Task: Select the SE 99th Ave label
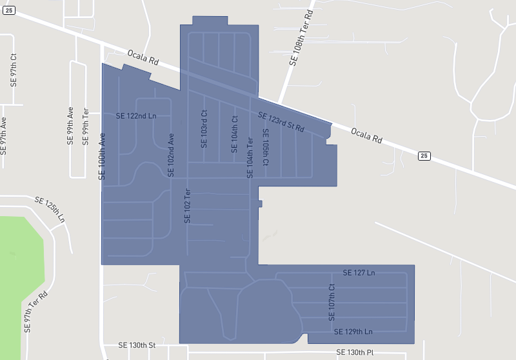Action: [x=70, y=125]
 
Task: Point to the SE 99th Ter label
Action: [x=85, y=125]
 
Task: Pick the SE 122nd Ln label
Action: [x=136, y=116]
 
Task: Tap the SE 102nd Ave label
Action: [x=171, y=155]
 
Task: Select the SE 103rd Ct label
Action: [x=204, y=128]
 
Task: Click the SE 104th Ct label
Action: [x=235, y=134]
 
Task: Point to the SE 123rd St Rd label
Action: [x=281, y=123]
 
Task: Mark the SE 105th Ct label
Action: [x=265, y=147]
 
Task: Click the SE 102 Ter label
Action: [x=188, y=205]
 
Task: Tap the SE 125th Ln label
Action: [x=50, y=209]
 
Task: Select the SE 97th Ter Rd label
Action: [x=36, y=311]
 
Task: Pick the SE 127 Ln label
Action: [x=359, y=273]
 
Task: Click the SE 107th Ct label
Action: [x=332, y=303]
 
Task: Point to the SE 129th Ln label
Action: [x=353, y=332]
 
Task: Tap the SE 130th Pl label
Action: [x=355, y=352]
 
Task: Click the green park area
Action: [x=19, y=271]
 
